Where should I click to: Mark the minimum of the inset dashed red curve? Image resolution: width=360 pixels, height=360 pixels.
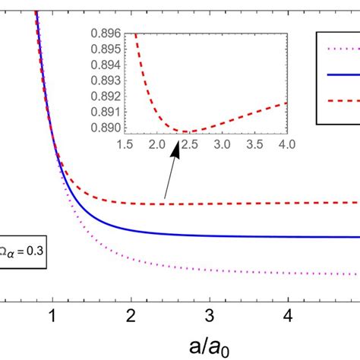coord(187,131)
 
